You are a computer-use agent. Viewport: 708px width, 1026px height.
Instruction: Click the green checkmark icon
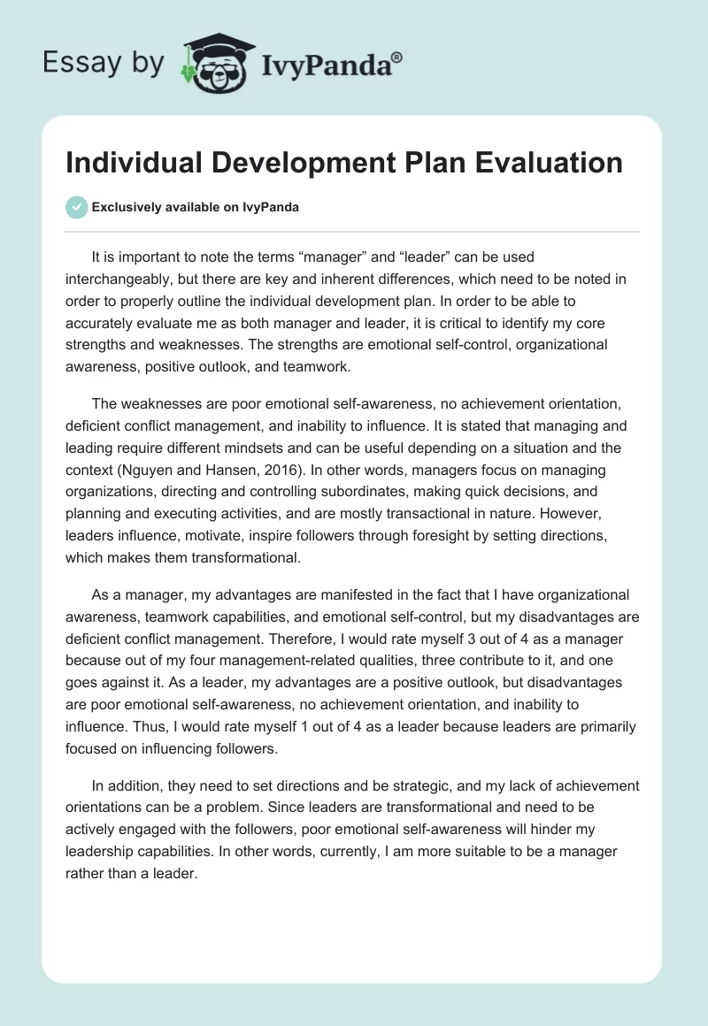pyautogui.click(x=76, y=207)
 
